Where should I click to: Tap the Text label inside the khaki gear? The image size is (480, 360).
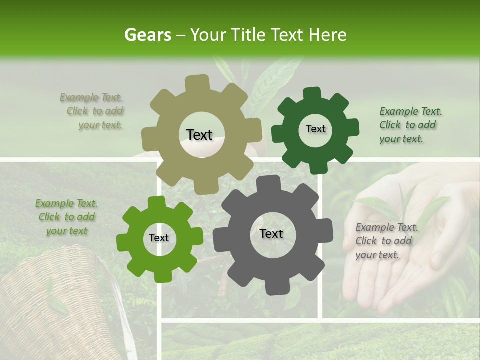[x=199, y=135]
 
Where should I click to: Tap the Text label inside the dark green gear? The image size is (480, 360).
[x=315, y=129]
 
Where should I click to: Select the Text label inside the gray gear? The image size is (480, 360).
[x=271, y=234]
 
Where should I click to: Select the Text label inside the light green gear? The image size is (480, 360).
[x=159, y=238]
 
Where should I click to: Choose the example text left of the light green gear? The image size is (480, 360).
[x=66, y=217]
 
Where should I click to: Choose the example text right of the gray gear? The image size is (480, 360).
[x=384, y=241]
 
